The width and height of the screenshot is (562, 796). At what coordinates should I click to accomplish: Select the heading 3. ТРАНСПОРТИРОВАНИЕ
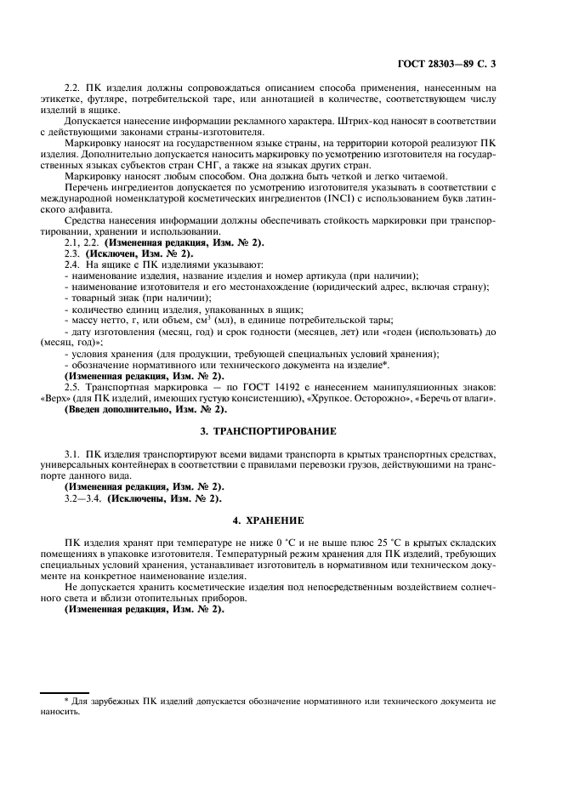[x=280, y=431]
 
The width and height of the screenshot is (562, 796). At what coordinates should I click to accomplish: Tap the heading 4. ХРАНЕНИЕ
[x=280, y=520]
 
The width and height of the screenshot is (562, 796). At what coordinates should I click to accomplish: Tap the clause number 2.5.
[x=74, y=386]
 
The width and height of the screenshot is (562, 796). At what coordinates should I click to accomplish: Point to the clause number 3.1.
[x=74, y=454]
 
